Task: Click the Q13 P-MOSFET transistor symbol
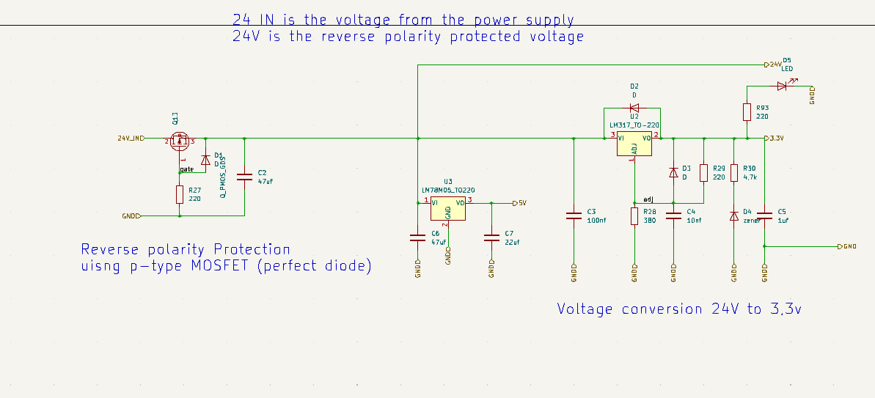(180, 141)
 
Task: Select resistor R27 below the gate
(180, 194)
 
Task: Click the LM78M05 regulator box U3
(447, 208)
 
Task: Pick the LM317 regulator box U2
(634, 143)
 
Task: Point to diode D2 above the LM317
(634, 107)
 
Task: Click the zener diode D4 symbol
(734, 215)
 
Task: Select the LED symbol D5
(783, 86)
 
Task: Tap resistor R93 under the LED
(747, 112)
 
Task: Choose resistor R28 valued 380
(634, 216)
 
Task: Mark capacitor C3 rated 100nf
(574, 215)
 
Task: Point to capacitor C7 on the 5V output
(491, 237)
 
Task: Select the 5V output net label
(520, 202)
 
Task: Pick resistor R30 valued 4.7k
(734, 173)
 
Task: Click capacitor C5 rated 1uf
(765, 215)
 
